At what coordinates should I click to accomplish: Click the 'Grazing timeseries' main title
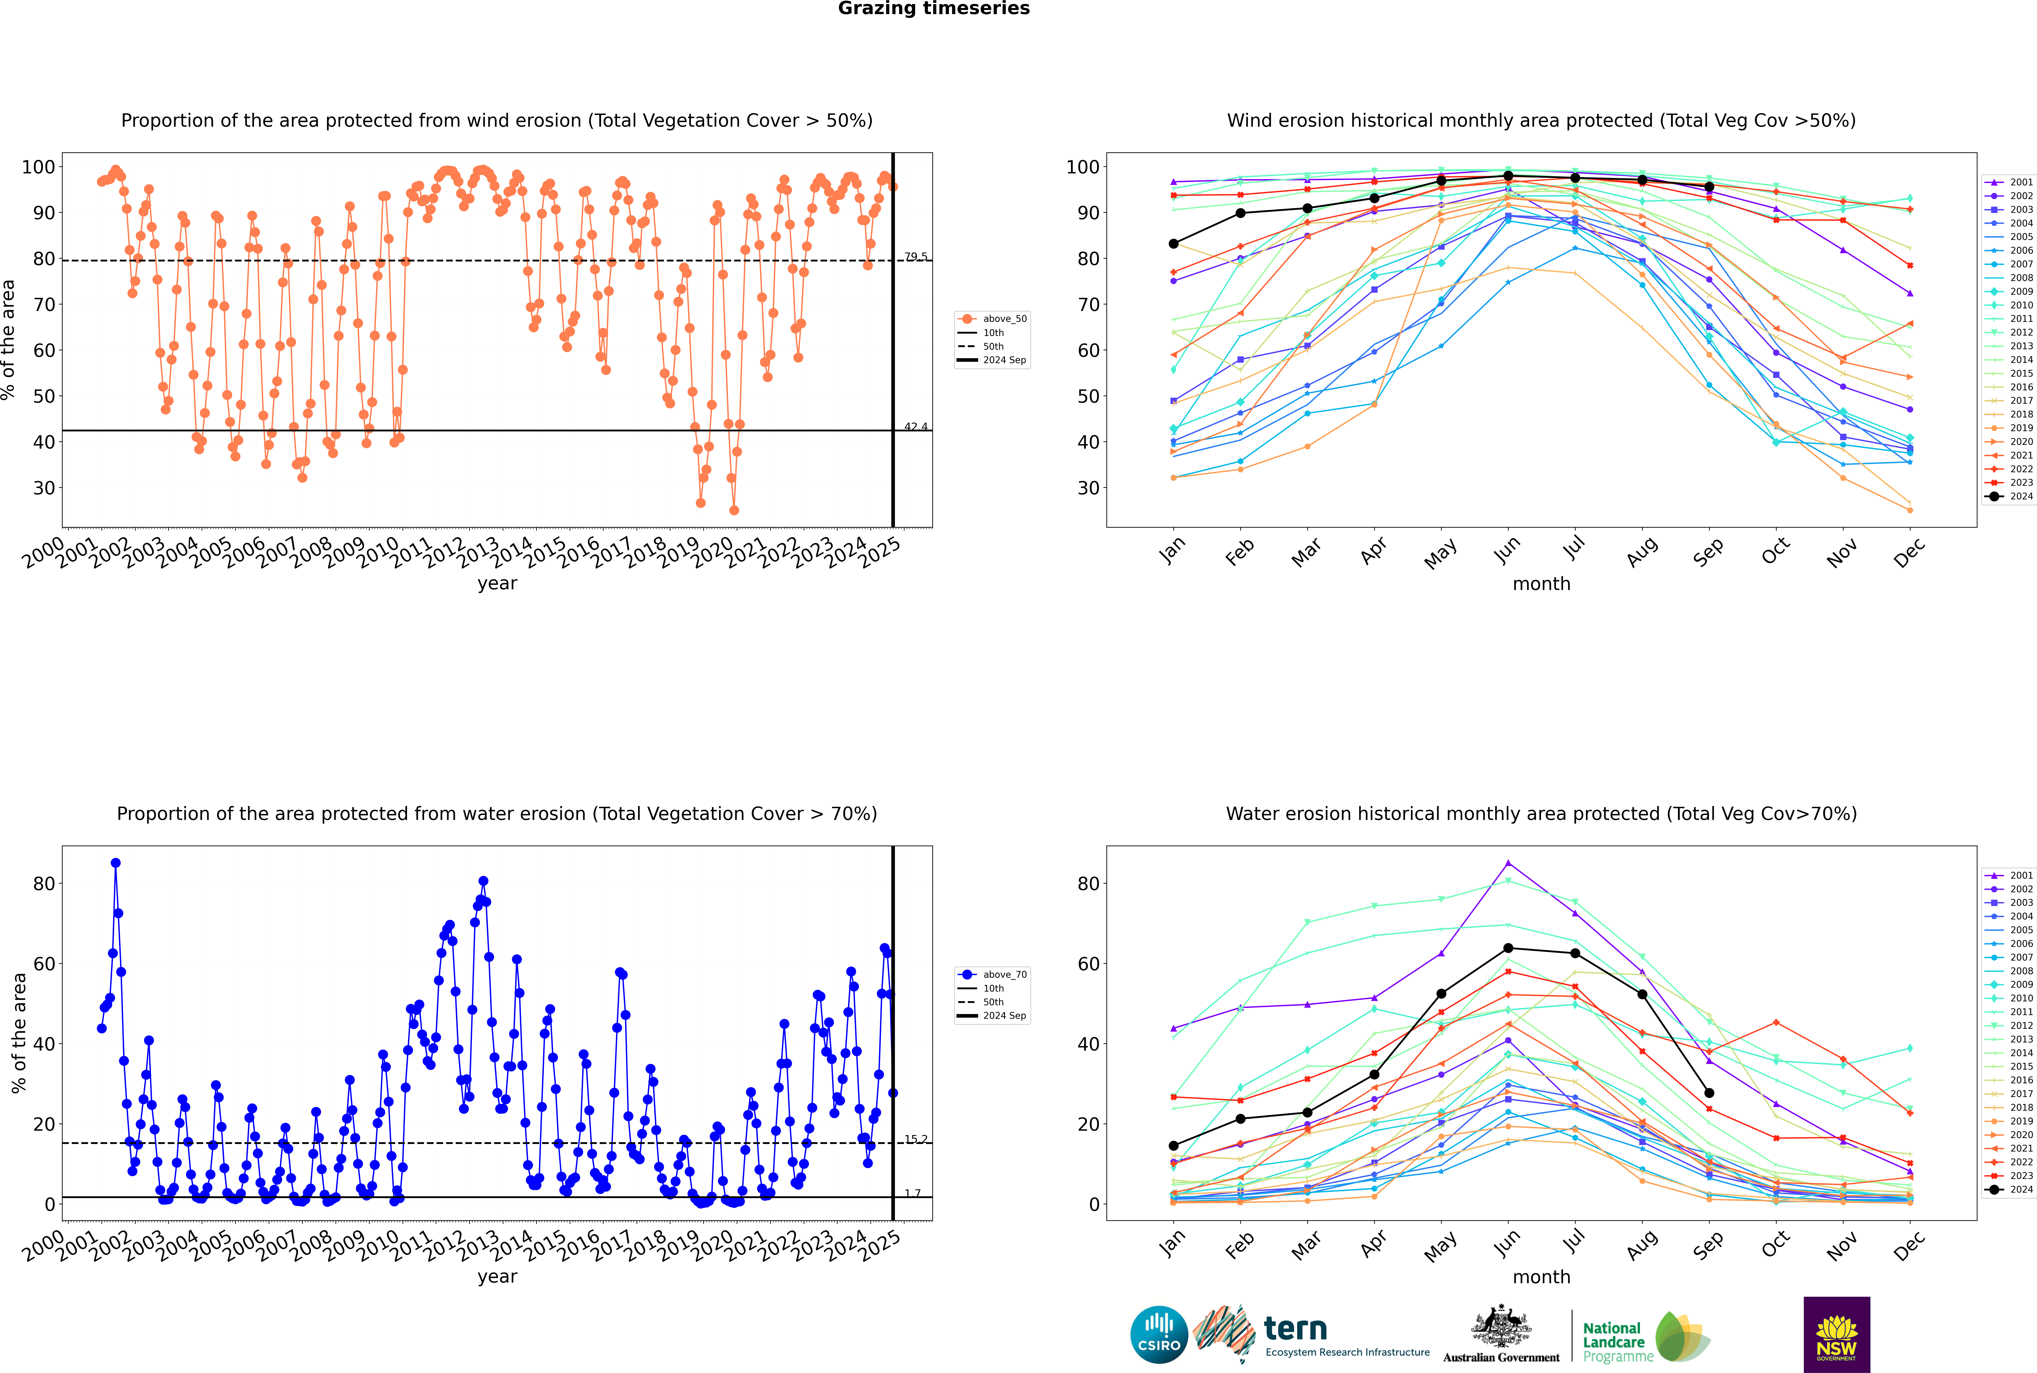tap(934, 9)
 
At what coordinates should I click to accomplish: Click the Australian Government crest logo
tap(1501, 1335)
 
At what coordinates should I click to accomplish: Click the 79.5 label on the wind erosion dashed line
tap(915, 257)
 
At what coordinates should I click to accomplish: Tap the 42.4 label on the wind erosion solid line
tap(915, 426)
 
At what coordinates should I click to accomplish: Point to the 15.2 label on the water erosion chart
tap(915, 1139)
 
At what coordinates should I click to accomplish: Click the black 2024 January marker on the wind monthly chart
tap(1174, 243)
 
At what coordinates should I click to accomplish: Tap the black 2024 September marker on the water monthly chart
tap(1709, 1093)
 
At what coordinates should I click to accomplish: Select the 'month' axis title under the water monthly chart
tap(1541, 1277)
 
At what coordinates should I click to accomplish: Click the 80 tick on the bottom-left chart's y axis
tap(44, 884)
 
